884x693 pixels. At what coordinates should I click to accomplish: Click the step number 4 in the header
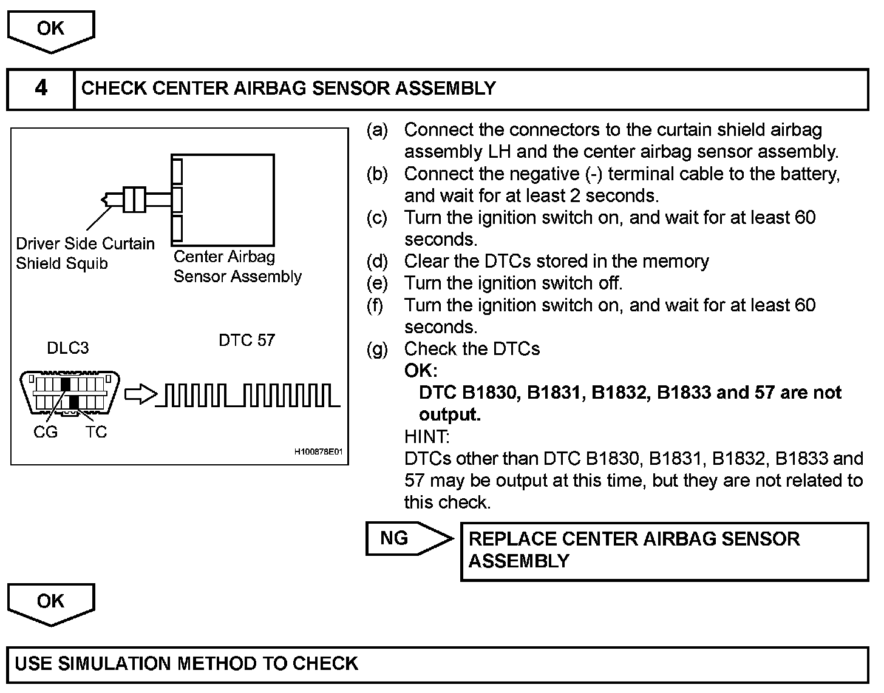point(41,89)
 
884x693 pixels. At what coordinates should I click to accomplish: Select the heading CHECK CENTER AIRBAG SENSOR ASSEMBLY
point(288,89)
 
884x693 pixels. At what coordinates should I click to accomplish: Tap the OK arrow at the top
point(51,30)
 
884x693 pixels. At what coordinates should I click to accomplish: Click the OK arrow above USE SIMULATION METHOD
point(51,603)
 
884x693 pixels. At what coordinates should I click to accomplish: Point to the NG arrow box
point(408,538)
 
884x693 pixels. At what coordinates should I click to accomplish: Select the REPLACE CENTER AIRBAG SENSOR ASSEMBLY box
point(664,550)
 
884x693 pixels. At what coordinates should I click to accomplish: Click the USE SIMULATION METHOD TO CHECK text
point(186,663)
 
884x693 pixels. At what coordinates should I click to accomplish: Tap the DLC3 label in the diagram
point(68,348)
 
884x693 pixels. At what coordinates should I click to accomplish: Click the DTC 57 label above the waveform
point(246,340)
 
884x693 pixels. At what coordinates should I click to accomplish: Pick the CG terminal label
point(46,432)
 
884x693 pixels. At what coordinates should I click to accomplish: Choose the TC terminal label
point(96,432)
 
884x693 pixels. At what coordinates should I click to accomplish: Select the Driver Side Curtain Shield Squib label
point(85,253)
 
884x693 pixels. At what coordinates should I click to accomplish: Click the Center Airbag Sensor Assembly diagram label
point(237,266)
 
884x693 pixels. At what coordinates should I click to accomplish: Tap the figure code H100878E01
point(319,452)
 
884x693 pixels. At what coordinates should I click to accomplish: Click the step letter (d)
point(377,262)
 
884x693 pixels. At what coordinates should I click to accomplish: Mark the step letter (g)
point(377,349)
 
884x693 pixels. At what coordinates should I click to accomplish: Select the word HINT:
point(426,436)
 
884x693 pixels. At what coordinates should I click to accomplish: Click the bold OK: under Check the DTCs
point(420,371)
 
